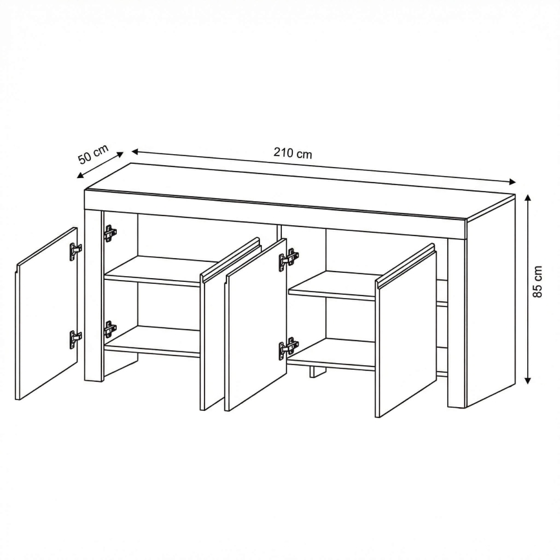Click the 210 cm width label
[x=292, y=153]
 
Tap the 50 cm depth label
[x=93, y=154]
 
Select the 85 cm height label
[x=537, y=281]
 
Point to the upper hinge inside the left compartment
[x=110, y=233]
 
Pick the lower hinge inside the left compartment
[x=110, y=329]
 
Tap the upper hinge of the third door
[x=288, y=258]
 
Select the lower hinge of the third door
[x=288, y=347]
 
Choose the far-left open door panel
[x=47, y=313]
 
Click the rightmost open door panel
[x=406, y=330]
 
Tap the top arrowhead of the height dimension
[x=528, y=197]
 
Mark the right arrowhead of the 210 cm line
[x=512, y=182]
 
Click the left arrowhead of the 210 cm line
[x=135, y=152]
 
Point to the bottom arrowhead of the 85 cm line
[x=528, y=381]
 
